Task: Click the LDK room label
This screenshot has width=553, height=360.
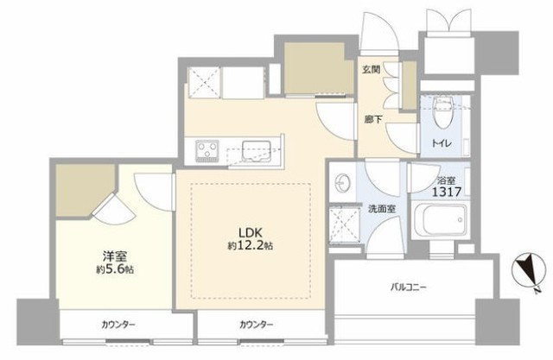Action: click(x=250, y=233)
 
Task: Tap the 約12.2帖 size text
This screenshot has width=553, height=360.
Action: click(x=250, y=245)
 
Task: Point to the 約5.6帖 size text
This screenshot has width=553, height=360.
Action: click(x=115, y=270)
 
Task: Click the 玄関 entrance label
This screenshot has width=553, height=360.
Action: click(x=371, y=69)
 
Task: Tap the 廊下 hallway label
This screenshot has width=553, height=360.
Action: click(x=373, y=119)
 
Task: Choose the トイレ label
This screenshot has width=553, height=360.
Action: click(x=442, y=143)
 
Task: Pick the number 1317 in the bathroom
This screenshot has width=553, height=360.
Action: click(x=447, y=192)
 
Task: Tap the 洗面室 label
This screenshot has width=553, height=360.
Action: click(x=382, y=209)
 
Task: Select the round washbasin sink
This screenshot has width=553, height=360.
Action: click(x=341, y=183)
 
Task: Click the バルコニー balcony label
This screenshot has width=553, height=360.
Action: click(x=409, y=287)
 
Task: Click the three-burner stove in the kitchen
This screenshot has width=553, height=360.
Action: click(x=207, y=151)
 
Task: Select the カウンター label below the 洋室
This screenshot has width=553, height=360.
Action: click(x=118, y=325)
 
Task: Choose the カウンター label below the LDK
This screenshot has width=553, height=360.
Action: click(x=256, y=325)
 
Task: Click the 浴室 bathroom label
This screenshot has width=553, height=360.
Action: click(x=446, y=180)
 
